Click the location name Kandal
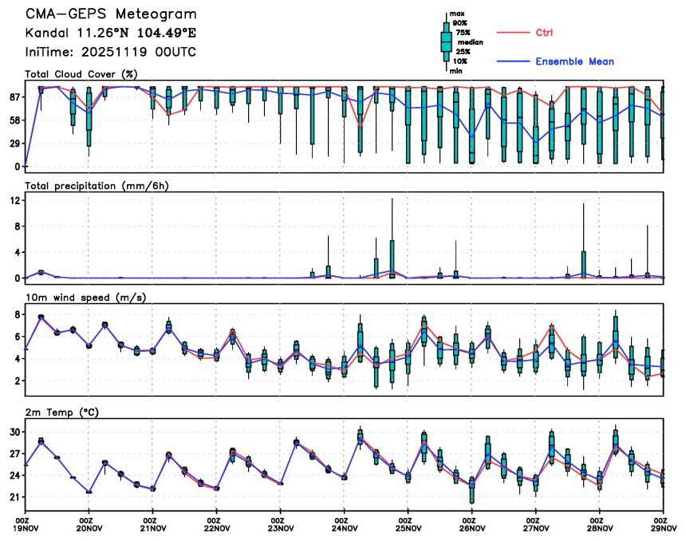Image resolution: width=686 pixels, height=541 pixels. [47, 34]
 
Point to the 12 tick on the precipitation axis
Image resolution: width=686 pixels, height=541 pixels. [14, 201]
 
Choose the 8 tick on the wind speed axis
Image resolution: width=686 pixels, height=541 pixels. [17, 314]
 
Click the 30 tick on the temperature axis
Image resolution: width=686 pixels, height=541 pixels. [14, 432]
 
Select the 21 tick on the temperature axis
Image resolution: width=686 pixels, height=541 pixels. [14, 497]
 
